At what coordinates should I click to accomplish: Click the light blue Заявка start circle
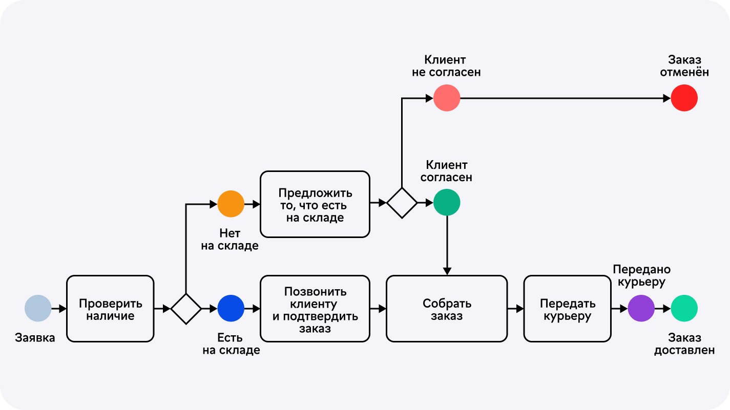pyautogui.click(x=38, y=308)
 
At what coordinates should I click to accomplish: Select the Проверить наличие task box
pyautogui.click(x=110, y=309)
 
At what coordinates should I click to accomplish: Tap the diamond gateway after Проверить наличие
pyautogui.click(x=186, y=309)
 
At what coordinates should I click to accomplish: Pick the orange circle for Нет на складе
pyautogui.click(x=231, y=204)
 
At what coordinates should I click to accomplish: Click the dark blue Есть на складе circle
pyautogui.click(x=231, y=308)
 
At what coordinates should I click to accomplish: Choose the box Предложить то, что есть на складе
pyautogui.click(x=315, y=204)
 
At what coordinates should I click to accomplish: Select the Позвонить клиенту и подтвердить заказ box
pyautogui.click(x=315, y=309)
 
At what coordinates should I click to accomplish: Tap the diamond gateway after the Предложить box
pyautogui.click(x=402, y=203)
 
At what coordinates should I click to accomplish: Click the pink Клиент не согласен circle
pyautogui.click(x=447, y=98)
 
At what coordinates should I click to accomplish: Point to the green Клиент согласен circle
pyautogui.click(x=447, y=203)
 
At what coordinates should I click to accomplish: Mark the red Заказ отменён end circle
pyautogui.click(x=684, y=98)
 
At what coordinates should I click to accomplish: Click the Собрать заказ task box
pyautogui.click(x=447, y=309)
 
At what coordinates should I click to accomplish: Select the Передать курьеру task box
pyautogui.click(x=567, y=309)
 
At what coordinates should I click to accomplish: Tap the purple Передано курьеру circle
pyautogui.click(x=641, y=308)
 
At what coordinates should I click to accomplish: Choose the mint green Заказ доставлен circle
pyautogui.click(x=684, y=308)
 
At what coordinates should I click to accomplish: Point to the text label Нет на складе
pyautogui.click(x=230, y=240)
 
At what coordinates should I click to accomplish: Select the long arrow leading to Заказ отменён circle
pyautogui.click(x=564, y=98)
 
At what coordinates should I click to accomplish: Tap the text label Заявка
pyautogui.click(x=35, y=338)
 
